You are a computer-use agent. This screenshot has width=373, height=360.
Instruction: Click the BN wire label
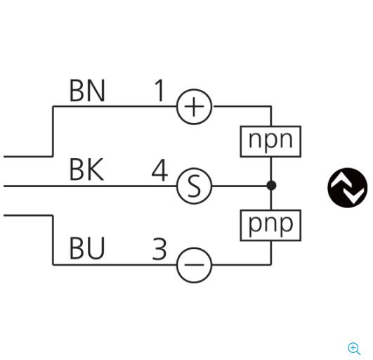87,91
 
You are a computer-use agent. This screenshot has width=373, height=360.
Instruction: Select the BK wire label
86,169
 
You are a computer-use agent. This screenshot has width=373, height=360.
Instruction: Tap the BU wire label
87,248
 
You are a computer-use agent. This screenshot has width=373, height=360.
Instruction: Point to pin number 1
159,91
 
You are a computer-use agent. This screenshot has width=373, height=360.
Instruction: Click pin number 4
159,170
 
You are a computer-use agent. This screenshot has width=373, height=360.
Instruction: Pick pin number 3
159,249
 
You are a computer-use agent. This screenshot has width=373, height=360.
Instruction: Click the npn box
270,141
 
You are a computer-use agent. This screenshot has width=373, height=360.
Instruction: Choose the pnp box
270,225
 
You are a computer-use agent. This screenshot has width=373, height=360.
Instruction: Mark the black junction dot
271,186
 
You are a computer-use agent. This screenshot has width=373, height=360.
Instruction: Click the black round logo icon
347,188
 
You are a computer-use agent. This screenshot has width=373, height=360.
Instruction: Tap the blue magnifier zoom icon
354,349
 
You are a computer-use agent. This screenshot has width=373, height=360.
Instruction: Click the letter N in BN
96,91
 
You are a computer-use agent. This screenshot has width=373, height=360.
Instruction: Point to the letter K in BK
96,169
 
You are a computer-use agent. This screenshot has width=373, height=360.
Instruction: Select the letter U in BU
96,248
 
